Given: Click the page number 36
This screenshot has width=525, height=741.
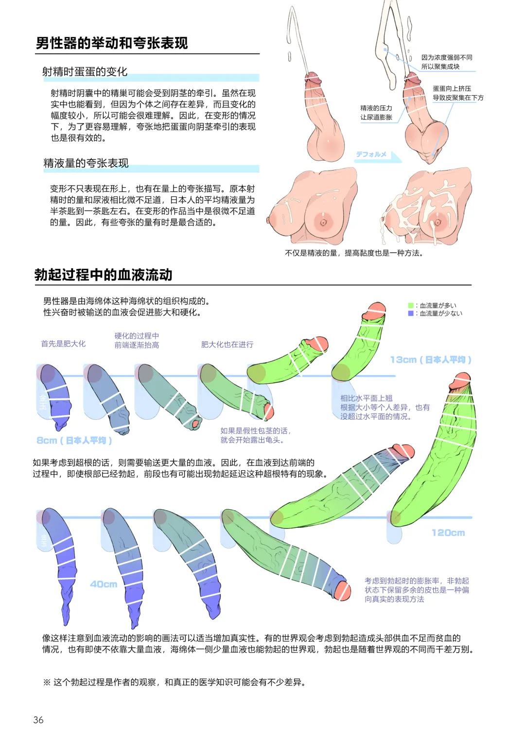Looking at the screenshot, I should click(x=38, y=720).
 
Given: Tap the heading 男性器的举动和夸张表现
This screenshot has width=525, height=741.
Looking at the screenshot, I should click(x=112, y=43).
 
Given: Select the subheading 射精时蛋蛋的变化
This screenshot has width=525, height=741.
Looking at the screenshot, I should click(x=85, y=72).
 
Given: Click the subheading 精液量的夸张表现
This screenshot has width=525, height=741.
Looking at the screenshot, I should click(x=86, y=163).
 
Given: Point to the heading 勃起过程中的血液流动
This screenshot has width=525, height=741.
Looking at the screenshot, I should click(x=104, y=275).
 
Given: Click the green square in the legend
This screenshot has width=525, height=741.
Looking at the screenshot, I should click(x=411, y=306).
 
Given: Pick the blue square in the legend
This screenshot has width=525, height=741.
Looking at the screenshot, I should click(x=411, y=313).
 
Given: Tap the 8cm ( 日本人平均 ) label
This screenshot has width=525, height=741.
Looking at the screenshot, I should click(x=74, y=440).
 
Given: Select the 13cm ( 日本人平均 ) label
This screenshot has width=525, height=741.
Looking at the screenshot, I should click(x=430, y=360).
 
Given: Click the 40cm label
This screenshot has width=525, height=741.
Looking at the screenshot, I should click(x=104, y=584).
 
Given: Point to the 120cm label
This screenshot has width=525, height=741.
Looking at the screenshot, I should click(x=448, y=533).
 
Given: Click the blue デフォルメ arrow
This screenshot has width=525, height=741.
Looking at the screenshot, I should click(x=378, y=155).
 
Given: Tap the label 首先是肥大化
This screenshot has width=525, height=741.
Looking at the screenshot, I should click(x=63, y=344).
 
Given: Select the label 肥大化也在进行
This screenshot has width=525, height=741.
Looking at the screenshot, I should click(x=227, y=345).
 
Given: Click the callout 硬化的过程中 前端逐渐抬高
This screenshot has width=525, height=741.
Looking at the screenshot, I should click(x=137, y=340).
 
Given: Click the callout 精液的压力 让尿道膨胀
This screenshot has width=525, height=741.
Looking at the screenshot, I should click(x=376, y=112).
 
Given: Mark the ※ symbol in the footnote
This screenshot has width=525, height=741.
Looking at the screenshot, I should click(x=47, y=682).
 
